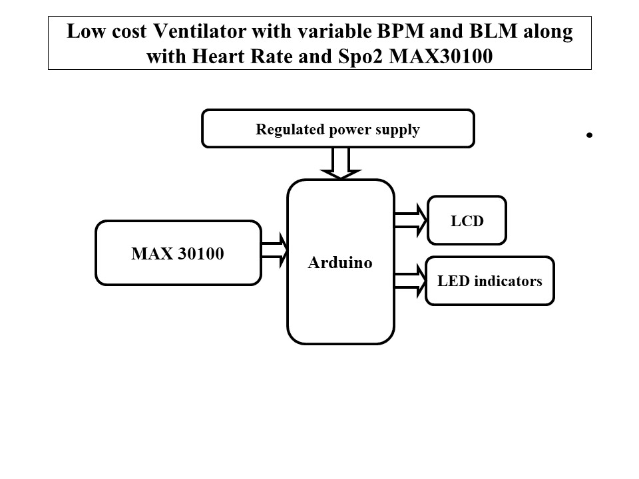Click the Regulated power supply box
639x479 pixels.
[x=337, y=128]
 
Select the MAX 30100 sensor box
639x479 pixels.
[x=178, y=253]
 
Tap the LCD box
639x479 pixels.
[x=467, y=220]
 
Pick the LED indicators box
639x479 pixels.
[x=489, y=281]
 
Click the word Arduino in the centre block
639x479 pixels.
[x=339, y=263]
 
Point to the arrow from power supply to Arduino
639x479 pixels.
[x=339, y=163]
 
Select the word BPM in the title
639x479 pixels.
[x=415, y=32]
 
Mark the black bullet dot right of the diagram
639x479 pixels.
[x=590, y=135]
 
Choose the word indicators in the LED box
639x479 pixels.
[x=508, y=281]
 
